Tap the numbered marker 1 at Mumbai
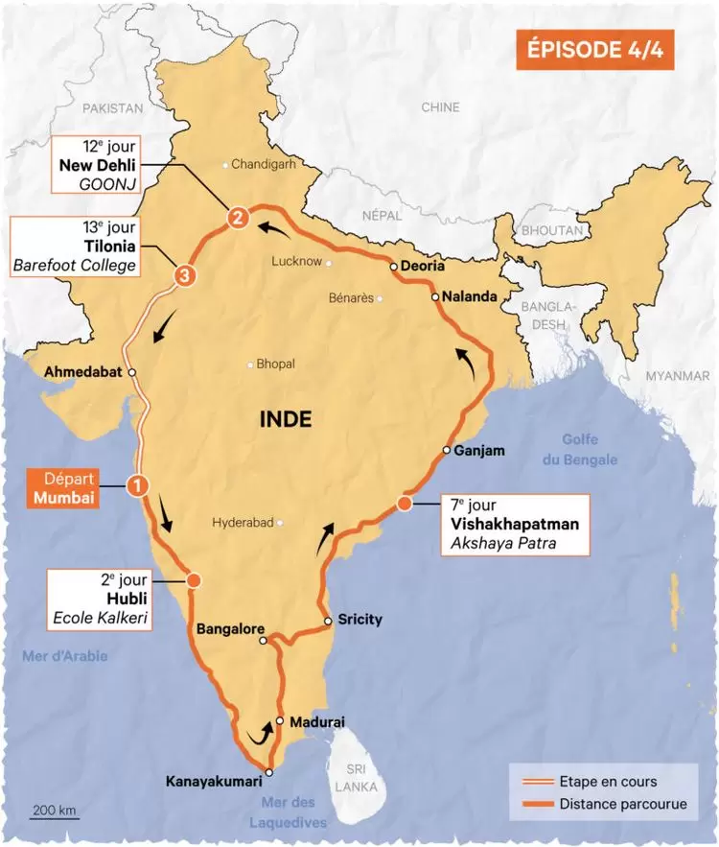pos(138,486)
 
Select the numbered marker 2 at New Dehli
pos(237,218)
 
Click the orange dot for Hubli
pos(195,580)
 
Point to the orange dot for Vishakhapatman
pos(405,504)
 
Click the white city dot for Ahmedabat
pos(132,372)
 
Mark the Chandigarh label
pos(264,164)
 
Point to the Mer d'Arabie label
pos(64,656)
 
